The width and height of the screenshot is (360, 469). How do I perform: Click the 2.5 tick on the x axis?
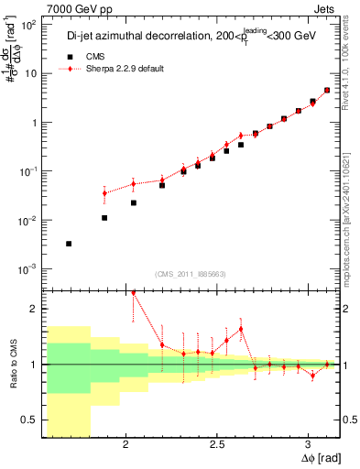point(217,445)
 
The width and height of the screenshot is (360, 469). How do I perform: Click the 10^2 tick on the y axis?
point(28,26)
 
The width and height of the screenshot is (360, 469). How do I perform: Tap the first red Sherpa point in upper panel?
point(104,193)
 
